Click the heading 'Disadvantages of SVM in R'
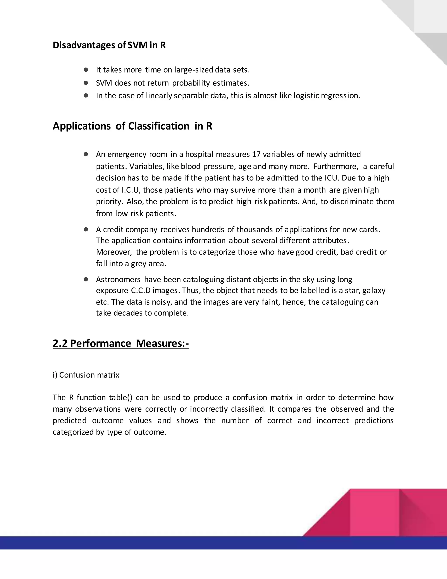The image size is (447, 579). tap(109, 45)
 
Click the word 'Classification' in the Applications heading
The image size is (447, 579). tap(159, 126)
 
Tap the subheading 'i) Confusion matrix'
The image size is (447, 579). tap(86, 375)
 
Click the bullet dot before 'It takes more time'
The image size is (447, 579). tap(86, 70)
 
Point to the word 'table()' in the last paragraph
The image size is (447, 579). tap(120, 397)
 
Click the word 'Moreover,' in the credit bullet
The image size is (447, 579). tap(114, 252)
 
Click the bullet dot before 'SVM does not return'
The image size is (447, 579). tap(86, 83)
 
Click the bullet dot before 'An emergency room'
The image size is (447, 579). tap(86, 154)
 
